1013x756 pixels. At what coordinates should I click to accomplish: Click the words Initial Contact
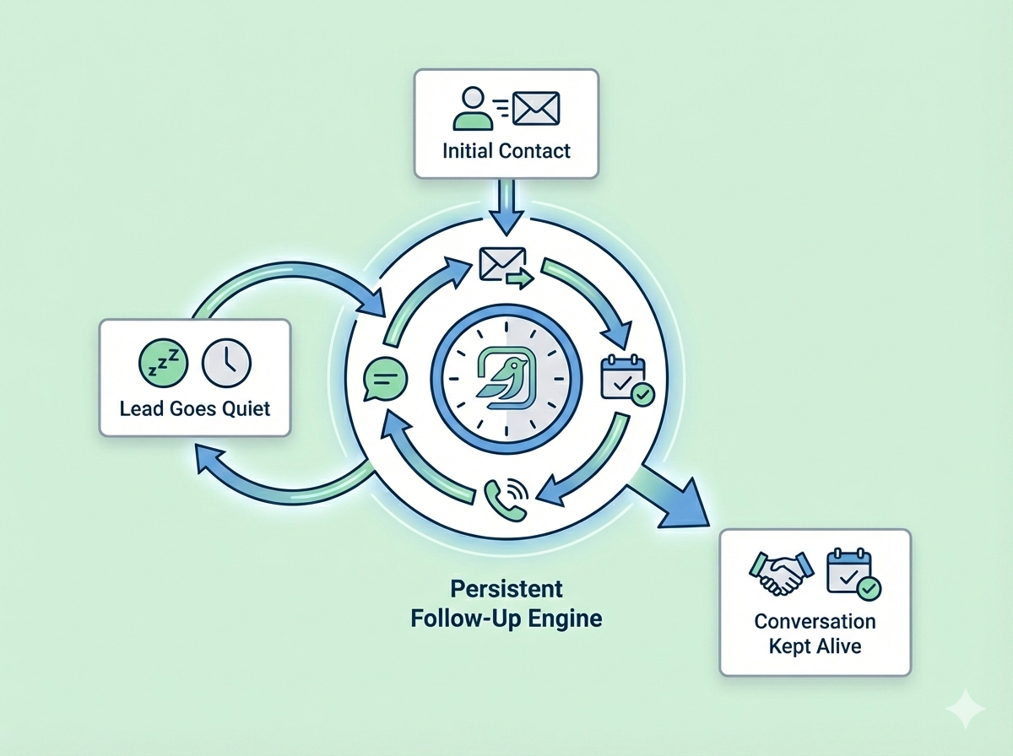pos(506,152)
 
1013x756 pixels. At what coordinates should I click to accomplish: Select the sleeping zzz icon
pos(159,360)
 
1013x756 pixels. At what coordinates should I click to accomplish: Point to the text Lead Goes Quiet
pos(195,409)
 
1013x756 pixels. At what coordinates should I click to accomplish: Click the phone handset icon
pos(505,498)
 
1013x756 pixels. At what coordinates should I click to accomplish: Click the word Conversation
pos(815,622)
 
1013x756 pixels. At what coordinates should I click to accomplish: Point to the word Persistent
pos(506,588)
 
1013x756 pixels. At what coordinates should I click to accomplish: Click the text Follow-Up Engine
pos(506,618)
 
